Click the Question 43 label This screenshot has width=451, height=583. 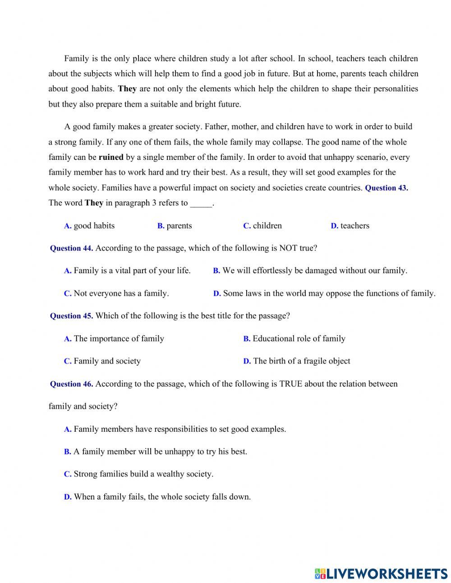click(x=386, y=188)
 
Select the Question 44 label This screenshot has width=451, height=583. click(x=71, y=248)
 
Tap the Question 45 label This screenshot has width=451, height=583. click(x=71, y=316)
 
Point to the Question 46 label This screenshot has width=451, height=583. click(x=71, y=384)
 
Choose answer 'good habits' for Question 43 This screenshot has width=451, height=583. click(x=89, y=226)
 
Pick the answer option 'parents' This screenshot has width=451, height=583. click(x=175, y=226)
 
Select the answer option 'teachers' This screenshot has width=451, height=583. click(x=350, y=226)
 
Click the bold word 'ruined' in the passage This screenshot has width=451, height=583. click(x=111, y=158)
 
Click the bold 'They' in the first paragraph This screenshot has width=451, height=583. click(x=127, y=89)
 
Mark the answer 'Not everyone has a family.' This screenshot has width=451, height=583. click(x=116, y=294)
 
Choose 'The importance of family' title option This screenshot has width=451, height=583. click(x=114, y=339)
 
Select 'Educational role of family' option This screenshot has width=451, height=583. click(x=294, y=339)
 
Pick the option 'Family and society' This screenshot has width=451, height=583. click(x=102, y=361)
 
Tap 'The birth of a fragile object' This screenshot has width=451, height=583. click(x=297, y=361)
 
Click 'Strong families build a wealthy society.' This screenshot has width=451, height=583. click(x=138, y=474)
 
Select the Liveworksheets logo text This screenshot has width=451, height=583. click(x=381, y=574)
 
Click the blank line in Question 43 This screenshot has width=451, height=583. click(x=201, y=204)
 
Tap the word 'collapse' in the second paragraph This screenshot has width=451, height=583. click(x=287, y=142)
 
